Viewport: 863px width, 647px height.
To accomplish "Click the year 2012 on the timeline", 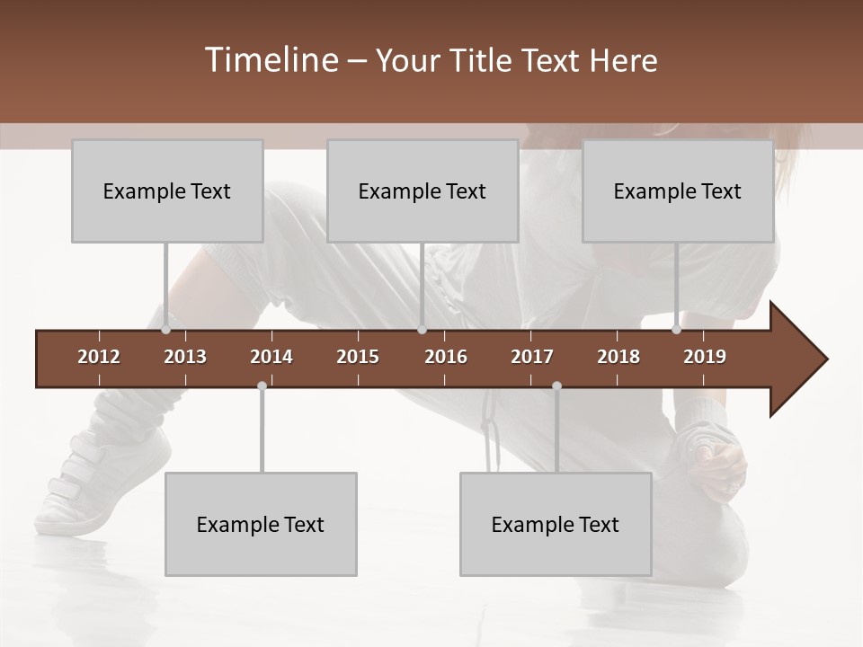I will coord(99,357).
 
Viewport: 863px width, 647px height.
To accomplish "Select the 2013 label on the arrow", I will coord(185,357).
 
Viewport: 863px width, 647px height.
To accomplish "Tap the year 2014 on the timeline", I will coord(271,357).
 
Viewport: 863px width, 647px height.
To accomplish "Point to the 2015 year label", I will coord(358,357).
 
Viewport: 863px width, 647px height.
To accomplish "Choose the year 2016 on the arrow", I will coord(446,357).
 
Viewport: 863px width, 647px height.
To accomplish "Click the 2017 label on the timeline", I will coord(532,357).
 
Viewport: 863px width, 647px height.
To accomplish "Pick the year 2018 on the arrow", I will coord(618,357).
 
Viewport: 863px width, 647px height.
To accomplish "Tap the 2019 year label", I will coord(705,357).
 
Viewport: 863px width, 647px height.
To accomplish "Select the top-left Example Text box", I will coord(167,191).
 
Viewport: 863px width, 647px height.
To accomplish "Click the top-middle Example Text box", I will coord(423,191).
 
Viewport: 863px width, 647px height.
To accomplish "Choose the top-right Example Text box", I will coord(678,191).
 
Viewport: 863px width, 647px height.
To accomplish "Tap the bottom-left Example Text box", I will coord(261,524).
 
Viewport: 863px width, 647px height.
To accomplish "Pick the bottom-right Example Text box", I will coord(556,524).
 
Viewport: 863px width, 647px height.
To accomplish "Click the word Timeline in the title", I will coord(270,60).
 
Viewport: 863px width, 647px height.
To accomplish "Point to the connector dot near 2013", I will coord(166,330).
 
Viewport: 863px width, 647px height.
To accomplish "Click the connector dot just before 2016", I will coord(422,330).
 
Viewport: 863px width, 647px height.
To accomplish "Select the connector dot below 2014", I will coord(262,386).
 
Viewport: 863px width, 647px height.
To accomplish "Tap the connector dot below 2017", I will coord(556,386).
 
